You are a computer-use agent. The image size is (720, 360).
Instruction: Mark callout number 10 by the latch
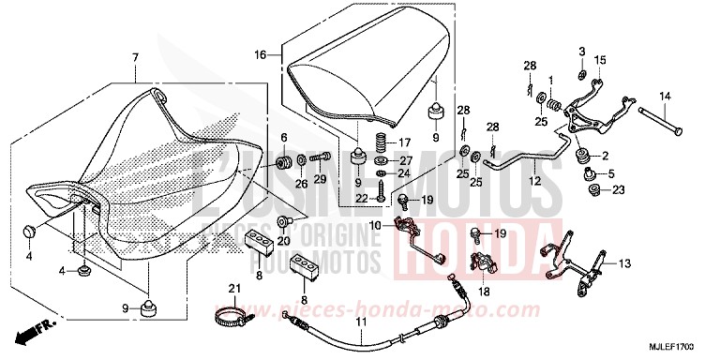pos(375,225)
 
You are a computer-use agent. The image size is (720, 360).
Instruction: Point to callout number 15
pos(600,61)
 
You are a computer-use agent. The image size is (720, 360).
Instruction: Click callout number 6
pos(284,138)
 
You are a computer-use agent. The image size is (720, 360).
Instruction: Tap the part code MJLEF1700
pos(686,344)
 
